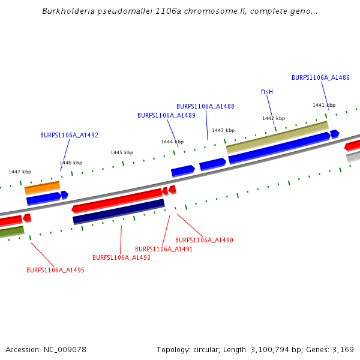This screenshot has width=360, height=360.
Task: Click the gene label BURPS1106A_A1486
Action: click(x=320, y=77)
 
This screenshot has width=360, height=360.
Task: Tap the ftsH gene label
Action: click(x=267, y=92)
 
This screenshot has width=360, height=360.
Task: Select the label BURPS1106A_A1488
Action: click(x=205, y=106)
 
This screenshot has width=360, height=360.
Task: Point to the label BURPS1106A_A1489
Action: click(x=166, y=115)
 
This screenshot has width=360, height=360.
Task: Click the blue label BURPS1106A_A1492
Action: click(x=69, y=135)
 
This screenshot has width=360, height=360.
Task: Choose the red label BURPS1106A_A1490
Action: click(x=204, y=240)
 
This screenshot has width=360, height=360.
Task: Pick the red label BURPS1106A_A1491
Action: click(x=164, y=249)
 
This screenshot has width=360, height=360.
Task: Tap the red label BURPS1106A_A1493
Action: click(x=121, y=257)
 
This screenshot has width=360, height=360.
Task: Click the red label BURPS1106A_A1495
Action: click(x=55, y=270)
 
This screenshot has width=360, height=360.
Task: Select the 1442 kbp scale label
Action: click(x=274, y=118)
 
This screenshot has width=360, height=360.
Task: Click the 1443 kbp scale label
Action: click(x=223, y=130)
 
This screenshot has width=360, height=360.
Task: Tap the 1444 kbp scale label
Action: click(x=172, y=142)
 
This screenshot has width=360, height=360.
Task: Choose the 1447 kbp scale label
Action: click(x=20, y=172)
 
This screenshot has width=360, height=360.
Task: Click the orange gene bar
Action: click(x=42, y=187)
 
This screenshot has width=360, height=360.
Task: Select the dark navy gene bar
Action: click(x=119, y=211)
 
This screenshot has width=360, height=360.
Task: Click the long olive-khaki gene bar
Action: click(x=277, y=137)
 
